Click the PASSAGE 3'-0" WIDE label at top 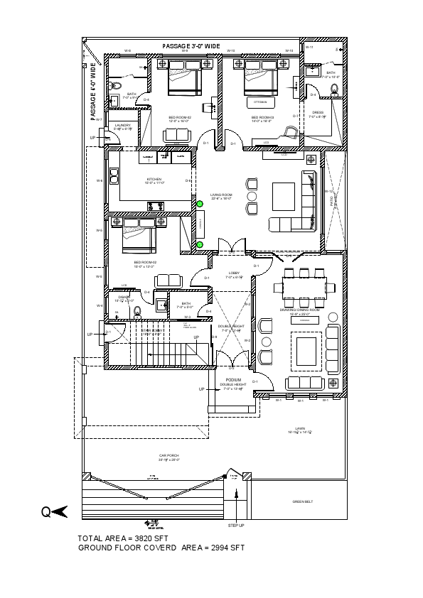pyautogui.click(x=191, y=46)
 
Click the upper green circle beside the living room pyautogui.click(x=200, y=205)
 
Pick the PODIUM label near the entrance pyautogui.click(x=232, y=380)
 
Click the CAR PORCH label pyautogui.click(x=168, y=456)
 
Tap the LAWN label pyautogui.click(x=301, y=429)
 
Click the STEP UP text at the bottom pyautogui.click(x=236, y=526)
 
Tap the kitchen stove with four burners pyautogui.click(x=154, y=206)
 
